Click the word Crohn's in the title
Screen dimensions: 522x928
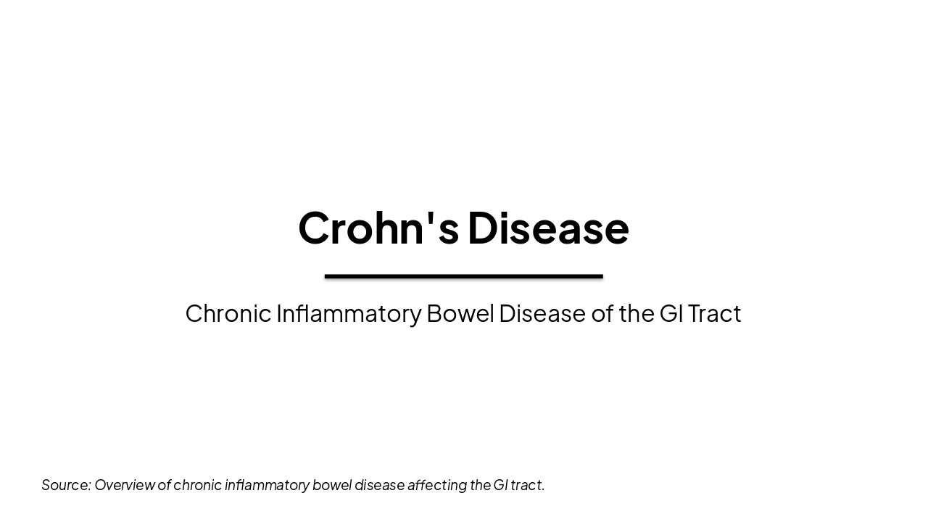377,228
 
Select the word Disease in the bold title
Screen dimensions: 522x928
548,228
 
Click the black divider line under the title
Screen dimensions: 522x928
464,276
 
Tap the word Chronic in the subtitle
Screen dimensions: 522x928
228,313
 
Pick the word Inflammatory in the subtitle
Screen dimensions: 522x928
348,313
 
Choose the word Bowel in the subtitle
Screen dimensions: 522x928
460,313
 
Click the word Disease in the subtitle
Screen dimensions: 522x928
542,313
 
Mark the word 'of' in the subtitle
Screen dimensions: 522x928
602,313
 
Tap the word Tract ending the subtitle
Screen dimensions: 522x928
714,313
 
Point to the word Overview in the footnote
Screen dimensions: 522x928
124,485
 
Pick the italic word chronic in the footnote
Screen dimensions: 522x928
197,485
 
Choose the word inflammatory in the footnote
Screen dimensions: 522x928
267,485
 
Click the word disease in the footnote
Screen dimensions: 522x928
379,485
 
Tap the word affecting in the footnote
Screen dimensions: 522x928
437,485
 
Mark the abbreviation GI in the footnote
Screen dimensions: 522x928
500,485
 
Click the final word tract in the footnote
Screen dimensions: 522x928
527,485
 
